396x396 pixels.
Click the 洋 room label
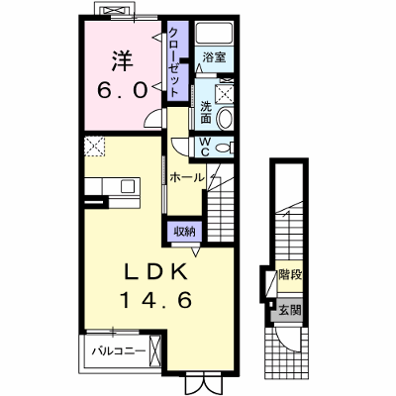click(123, 60)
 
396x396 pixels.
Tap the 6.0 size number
click(122, 90)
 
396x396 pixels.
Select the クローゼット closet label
click(174, 61)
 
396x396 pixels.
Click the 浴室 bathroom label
click(214, 57)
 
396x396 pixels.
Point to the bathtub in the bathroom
click(214, 33)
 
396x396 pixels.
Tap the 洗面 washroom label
click(206, 113)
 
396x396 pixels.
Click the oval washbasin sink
click(226, 118)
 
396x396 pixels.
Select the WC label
click(205, 147)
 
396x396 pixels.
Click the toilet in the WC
click(226, 148)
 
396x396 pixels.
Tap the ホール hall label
click(187, 177)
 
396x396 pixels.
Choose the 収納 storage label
click(184, 232)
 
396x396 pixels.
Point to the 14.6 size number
click(156, 300)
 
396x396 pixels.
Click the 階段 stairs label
click(290, 274)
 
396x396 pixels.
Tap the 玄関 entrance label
click(290, 311)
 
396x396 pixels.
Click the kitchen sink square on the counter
click(128, 186)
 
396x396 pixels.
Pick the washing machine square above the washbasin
click(226, 93)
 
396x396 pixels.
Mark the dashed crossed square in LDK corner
click(94, 146)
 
